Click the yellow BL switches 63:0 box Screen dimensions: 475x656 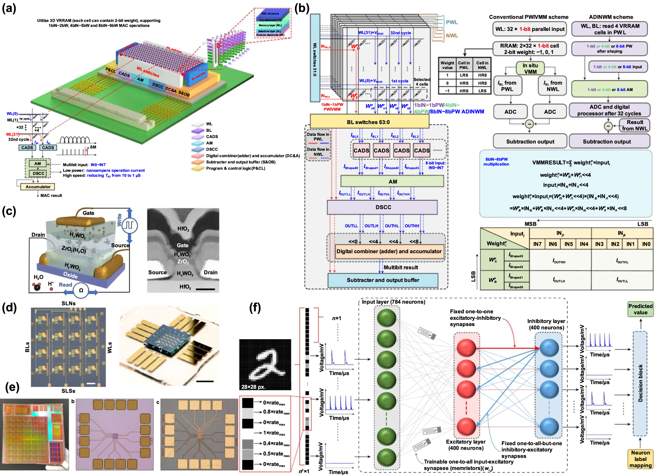pyautogui.click(x=369, y=122)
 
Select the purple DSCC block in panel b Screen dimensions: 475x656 pyautogui.click(x=383, y=207)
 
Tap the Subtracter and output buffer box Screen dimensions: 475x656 pyautogui.click(x=383, y=280)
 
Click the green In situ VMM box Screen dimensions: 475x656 pyautogui.click(x=530, y=68)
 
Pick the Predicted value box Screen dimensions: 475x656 pyautogui.click(x=640, y=309)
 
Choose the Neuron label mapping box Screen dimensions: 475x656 pyautogui.click(x=640, y=459)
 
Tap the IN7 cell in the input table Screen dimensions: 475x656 pyautogui.click(x=537, y=244)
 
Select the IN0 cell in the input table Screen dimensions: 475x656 pyautogui.click(x=646, y=244)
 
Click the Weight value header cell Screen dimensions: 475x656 pyautogui.click(x=447, y=65)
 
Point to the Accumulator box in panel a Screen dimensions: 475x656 pyautogui.click(x=38, y=187)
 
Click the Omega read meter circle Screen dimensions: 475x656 pyautogui.click(x=81, y=290)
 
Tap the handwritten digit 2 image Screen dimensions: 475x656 pyautogui.click(x=265, y=364)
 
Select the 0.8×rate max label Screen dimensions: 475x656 pyautogui.click(x=276, y=412)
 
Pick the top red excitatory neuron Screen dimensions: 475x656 pyautogui.click(x=466, y=348)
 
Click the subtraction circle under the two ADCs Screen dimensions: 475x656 pyautogui.click(x=529, y=124)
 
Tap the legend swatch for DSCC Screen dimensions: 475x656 pyautogui.click(x=197, y=149)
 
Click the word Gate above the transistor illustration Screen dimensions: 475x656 pyautogui.click(x=88, y=213)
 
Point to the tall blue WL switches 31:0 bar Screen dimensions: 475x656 pyautogui.click(x=315, y=58)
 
